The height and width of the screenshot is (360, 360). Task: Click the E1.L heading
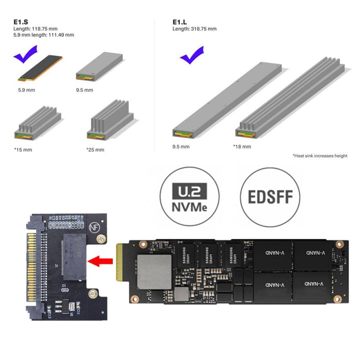tap(179, 22)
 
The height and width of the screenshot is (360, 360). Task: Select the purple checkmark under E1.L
tap(191, 55)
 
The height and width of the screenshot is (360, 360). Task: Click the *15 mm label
tap(23, 149)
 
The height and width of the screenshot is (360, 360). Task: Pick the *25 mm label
tap(95, 149)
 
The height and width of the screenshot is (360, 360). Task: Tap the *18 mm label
tap(241, 146)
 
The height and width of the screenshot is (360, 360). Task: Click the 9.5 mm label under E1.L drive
tap(181, 146)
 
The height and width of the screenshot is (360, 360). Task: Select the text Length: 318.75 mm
tap(194, 29)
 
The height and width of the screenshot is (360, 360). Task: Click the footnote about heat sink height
tap(319, 156)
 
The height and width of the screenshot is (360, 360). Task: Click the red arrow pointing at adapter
tap(99, 260)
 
